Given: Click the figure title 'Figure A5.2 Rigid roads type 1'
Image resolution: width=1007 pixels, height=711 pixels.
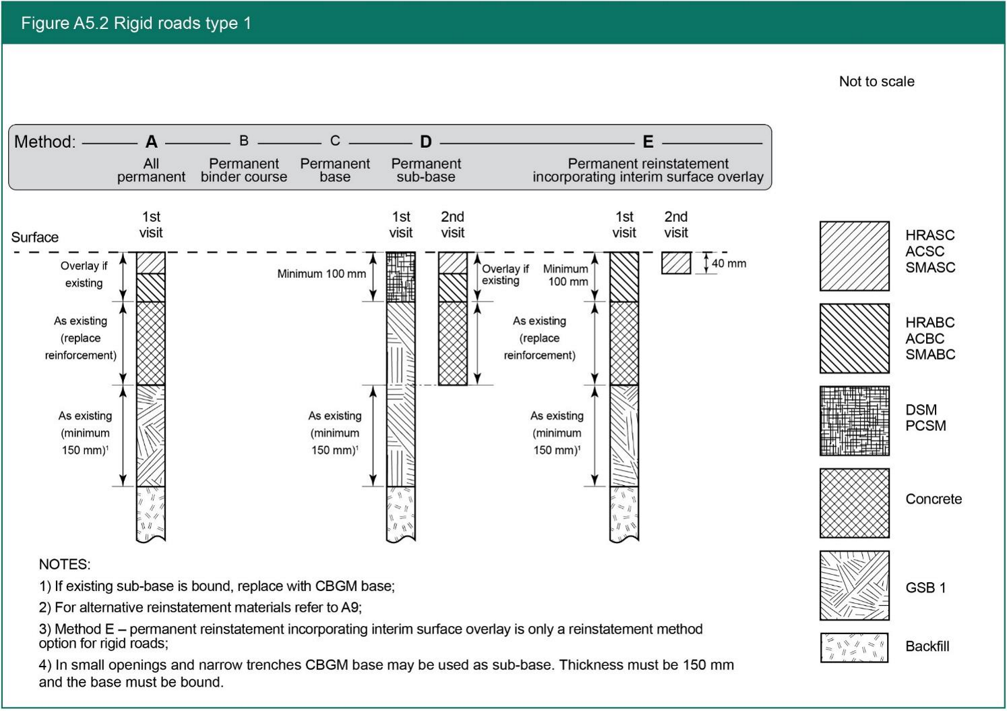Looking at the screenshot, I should coord(136,24).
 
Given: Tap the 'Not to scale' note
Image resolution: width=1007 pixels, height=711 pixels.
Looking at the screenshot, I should coord(876,82).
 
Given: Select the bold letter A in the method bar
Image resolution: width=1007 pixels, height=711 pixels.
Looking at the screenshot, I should coord(152,142).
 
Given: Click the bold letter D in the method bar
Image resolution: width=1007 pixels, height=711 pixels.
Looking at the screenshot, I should coord(425,142).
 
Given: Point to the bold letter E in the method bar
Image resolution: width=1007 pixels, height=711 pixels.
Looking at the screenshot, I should coord(648,142).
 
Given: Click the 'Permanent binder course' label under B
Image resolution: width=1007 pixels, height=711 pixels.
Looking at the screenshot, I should coord(244,170).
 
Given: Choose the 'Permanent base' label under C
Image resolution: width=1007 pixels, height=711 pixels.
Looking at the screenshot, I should coord(335,170).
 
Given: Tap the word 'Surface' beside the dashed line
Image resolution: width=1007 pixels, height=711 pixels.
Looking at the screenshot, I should coord(35,237).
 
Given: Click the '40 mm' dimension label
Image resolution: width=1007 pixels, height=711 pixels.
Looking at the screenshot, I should coord(729,264).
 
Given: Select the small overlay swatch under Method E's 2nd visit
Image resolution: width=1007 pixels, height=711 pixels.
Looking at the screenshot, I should coord(676,263).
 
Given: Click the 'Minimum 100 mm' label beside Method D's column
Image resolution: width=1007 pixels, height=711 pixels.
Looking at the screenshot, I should coord(322,274).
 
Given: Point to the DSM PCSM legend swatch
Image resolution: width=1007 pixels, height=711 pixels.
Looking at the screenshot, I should coord(854,421).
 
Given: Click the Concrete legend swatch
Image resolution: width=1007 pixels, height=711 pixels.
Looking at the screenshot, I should coord(854,503).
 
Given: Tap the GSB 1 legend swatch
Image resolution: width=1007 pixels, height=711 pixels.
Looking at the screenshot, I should coord(854,586).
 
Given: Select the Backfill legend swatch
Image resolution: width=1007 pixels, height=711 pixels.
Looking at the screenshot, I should coord(854,648).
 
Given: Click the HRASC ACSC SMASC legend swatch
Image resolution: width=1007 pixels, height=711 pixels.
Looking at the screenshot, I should coord(854,256).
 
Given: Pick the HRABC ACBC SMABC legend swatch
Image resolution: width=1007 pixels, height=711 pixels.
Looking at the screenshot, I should coord(854,339).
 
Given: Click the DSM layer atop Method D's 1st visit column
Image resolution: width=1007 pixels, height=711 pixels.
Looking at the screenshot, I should coord(400,277).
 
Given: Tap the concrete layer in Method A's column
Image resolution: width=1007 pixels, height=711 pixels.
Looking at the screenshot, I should coord(151,343).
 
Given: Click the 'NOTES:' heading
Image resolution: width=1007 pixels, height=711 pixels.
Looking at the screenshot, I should coord(65,565).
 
